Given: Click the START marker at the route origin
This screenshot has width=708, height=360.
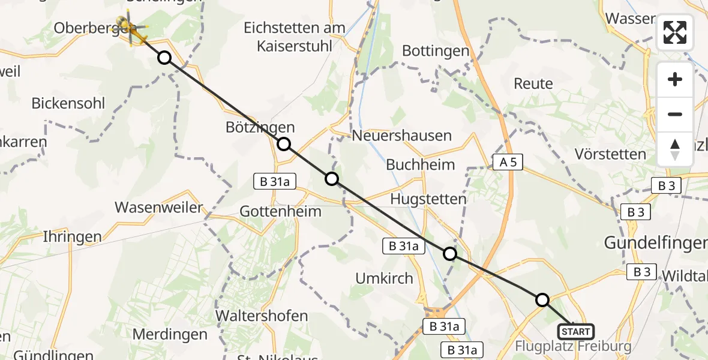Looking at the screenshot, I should (576, 331).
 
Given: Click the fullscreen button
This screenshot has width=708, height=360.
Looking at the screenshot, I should (675, 32).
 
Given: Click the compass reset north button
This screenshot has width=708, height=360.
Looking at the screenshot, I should (675, 149).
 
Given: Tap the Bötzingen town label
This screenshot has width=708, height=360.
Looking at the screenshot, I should (260, 127).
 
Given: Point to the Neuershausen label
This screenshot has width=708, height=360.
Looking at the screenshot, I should (401, 136).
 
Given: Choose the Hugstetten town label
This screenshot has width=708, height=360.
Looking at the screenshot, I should (428, 199).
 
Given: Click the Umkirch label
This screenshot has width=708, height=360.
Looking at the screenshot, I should (385, 278).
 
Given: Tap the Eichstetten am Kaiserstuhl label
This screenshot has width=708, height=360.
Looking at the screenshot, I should (295, 36).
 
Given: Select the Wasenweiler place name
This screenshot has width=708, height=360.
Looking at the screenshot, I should (159, 208).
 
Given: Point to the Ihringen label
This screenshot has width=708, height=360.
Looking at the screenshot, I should (72, 236).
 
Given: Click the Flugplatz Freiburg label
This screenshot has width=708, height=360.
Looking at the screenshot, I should (574, 346).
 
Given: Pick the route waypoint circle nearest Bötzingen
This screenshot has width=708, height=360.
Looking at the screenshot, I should (284, 144).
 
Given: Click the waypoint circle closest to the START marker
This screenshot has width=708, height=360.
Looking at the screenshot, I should (542, 300).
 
